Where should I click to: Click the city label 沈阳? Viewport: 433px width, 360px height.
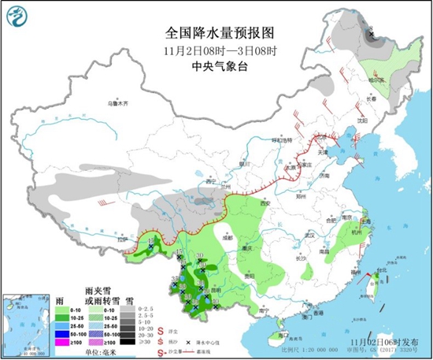point(361,121)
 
